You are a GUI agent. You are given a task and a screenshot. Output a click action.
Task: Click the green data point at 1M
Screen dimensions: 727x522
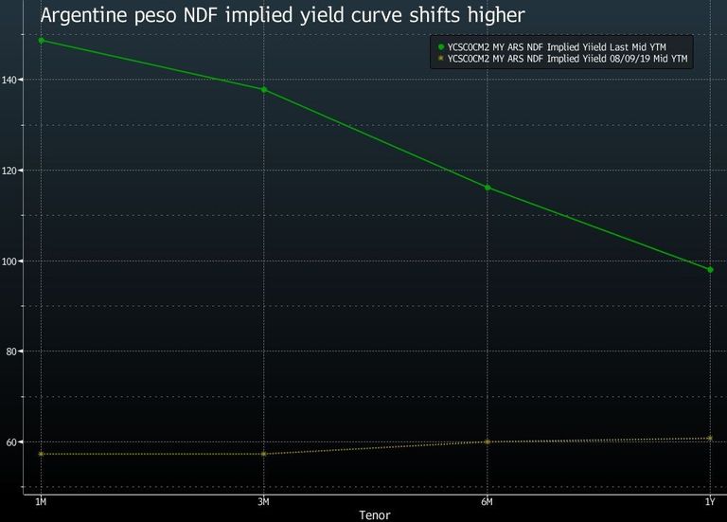(x=42, y=41)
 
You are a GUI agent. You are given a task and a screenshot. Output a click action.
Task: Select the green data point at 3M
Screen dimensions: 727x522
(x=264, y=90)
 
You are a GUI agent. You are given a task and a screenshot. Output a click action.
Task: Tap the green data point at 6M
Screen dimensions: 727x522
(x=488, y=188)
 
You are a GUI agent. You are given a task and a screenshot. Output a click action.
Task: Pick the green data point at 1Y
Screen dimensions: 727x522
(x=710, y=270)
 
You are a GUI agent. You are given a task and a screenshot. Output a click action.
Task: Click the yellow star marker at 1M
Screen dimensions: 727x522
(x=42, y=454)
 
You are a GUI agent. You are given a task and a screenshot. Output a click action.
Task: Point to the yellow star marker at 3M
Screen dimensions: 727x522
(x=264, y=454)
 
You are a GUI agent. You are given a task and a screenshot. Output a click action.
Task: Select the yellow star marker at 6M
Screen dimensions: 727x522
(x=488, y=441)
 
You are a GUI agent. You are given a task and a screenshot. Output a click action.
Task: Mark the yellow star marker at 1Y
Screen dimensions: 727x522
(x=710, y=438)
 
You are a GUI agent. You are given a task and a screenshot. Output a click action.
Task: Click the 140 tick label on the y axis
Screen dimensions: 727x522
(x=9, y=80)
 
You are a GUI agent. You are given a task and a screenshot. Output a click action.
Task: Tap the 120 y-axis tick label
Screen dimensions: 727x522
(x=9, y=171)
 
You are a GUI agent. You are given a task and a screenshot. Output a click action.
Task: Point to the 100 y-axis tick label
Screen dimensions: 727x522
(x=9, y=261)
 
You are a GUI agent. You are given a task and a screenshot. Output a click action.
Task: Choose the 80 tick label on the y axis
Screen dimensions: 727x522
(x=11, y=351)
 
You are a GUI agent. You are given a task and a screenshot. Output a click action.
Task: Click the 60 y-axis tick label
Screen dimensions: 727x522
(x=11, y=442)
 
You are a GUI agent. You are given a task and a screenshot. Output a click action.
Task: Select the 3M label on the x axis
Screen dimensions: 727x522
(x=263, y=501)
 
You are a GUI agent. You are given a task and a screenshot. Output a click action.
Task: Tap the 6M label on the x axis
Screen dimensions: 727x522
(x=487, y=501)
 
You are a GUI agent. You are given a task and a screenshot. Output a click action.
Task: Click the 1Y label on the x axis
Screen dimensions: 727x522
(x=710, y=501)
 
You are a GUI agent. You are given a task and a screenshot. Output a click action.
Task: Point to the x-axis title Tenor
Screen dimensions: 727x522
(x=375, y=515)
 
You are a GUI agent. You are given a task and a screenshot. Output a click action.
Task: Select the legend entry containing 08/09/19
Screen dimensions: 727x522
(x=562, y=59)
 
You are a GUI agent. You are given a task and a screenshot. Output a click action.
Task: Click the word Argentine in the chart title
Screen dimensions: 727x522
(x=84, y=16)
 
